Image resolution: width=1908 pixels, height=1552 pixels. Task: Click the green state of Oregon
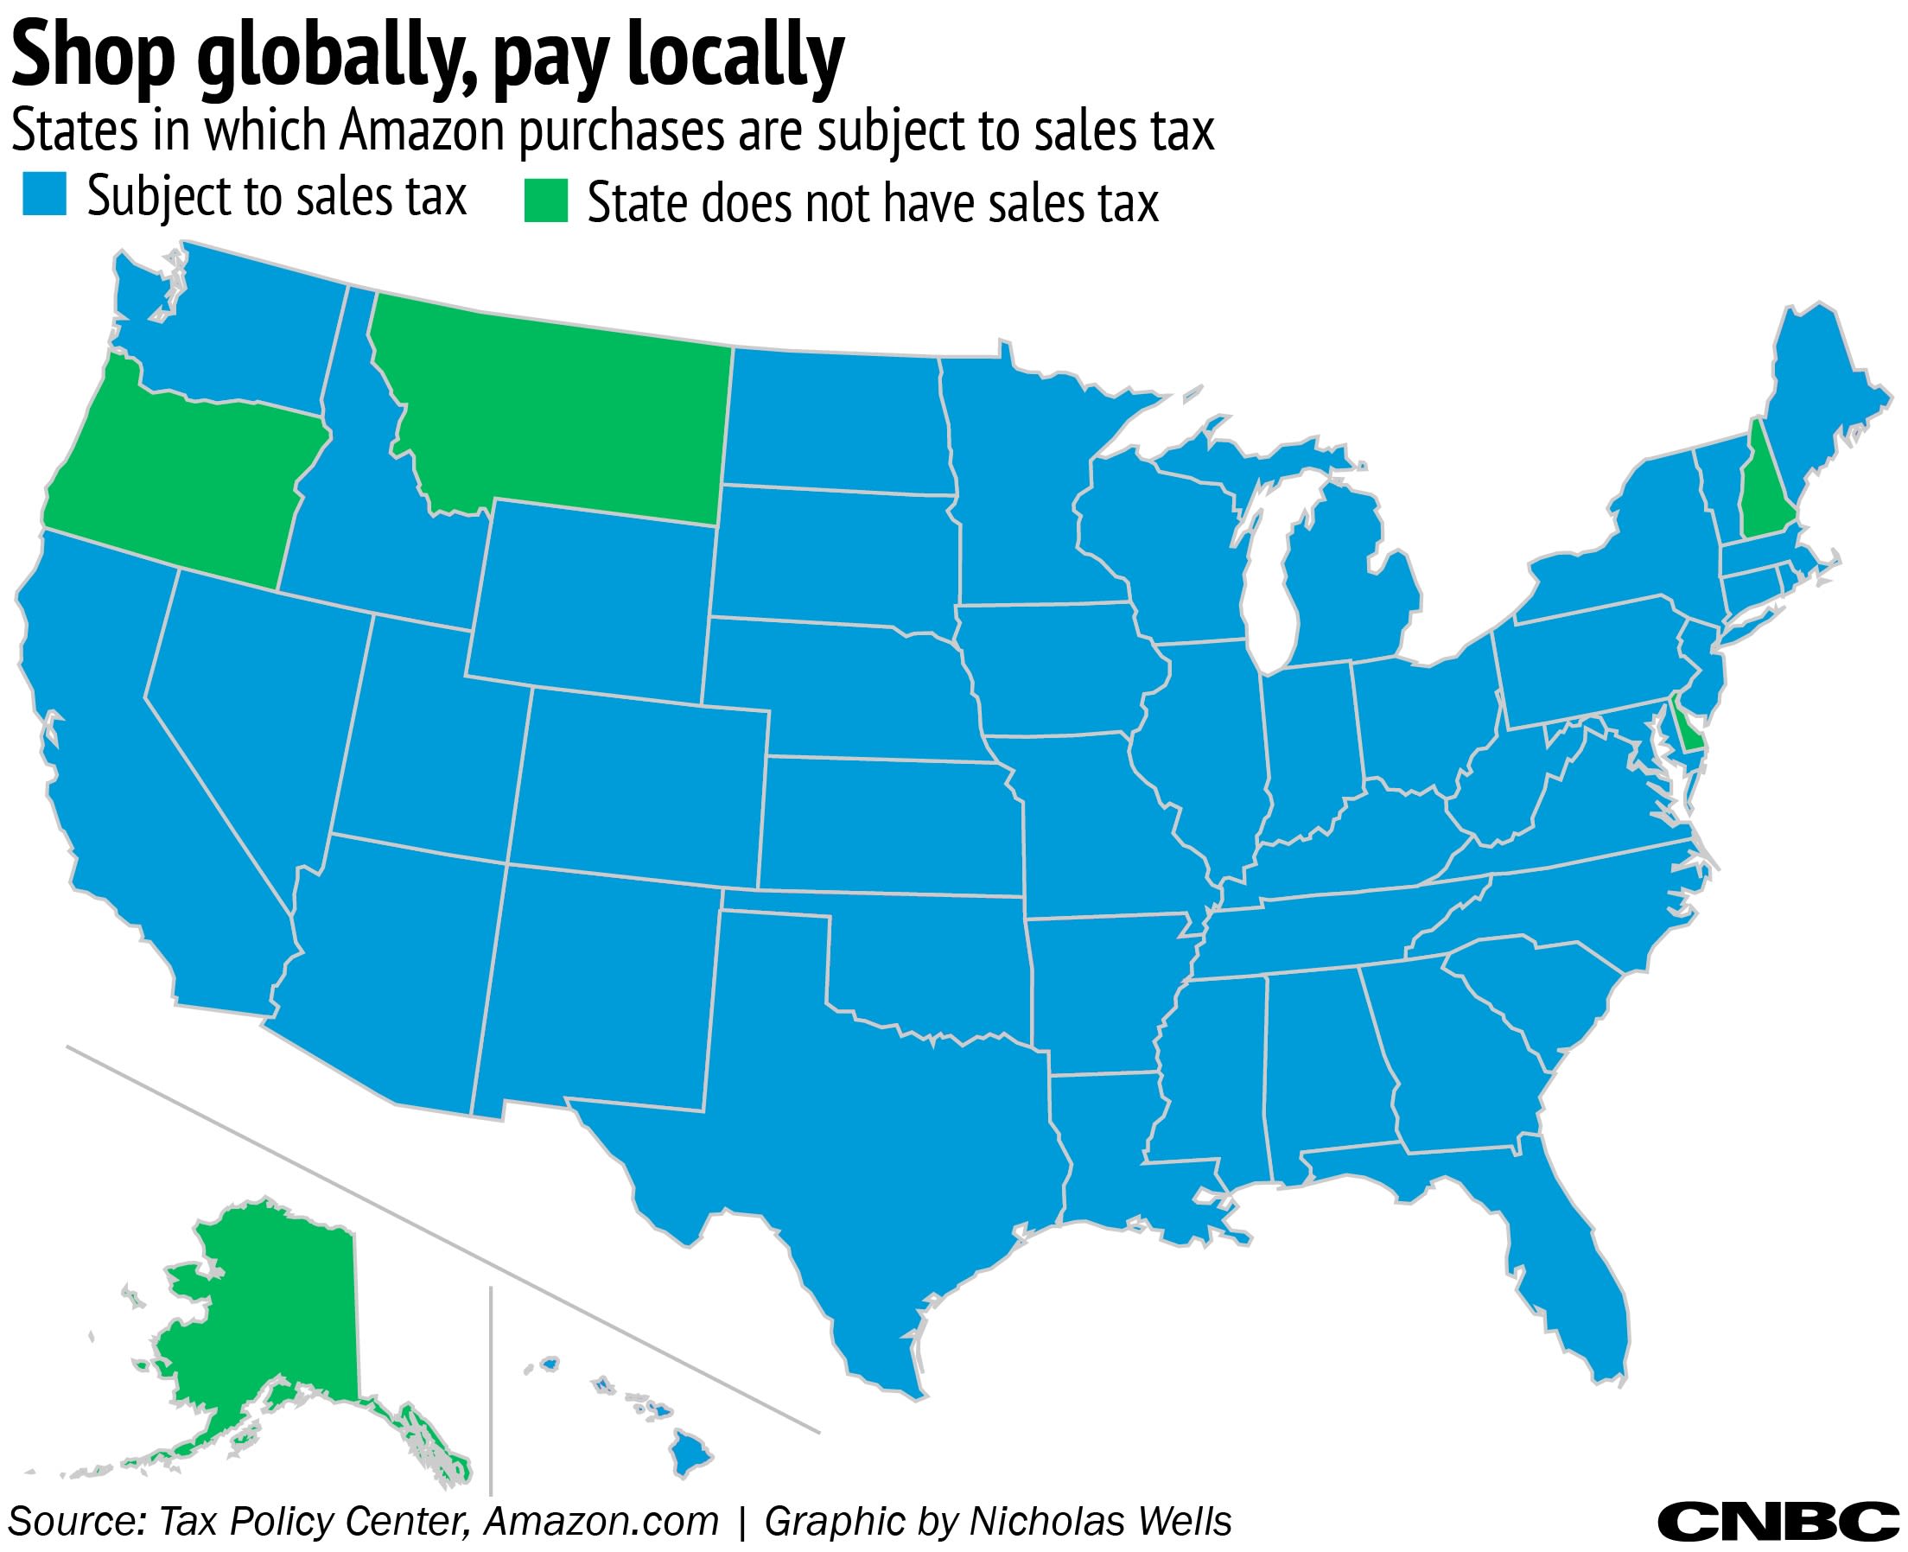[x=179, y=474]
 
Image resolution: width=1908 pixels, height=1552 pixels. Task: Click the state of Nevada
[x=259, y=716]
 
